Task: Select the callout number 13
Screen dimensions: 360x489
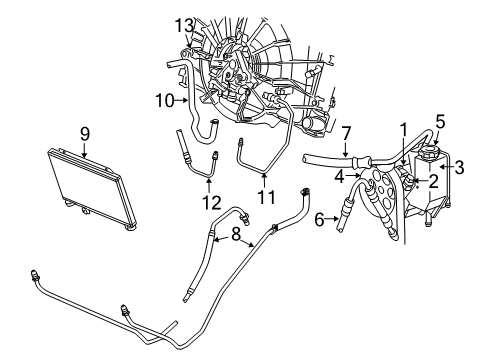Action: [x=182, y=24]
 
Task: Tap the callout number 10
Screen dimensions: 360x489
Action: [x=165, y=99]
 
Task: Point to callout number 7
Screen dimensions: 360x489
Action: [x=345, y=133]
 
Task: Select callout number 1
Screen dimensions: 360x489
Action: [x=404, y=129]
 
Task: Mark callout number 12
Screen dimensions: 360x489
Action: [x=207, y=201]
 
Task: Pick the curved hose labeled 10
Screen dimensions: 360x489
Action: [x=205, y=125]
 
